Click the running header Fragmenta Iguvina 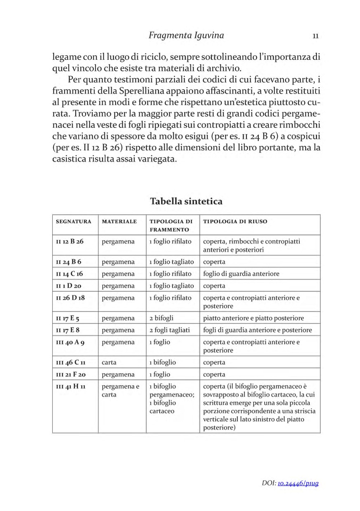pos(186,35)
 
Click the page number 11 pos(316,36)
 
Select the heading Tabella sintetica pos(186,201)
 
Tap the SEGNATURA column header pos(74,222)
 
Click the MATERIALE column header pos(119,222)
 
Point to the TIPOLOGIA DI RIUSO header pos(235,222)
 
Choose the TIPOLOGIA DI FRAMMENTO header pos(171,225)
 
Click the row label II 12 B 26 pos(70,241)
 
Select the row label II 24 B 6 pos(68,262)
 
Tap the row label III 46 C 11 pos(70,362)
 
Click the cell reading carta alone pos(109,362)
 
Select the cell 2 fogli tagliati pos(169,330)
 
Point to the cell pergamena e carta pos(121,390)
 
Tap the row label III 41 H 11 pos(70,387)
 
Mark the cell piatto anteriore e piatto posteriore pos(253,318)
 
